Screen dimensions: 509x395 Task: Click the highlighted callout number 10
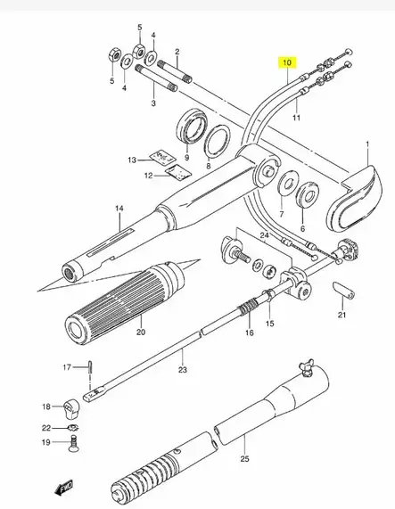(286, 63)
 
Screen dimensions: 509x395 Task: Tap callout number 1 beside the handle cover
(366, 144)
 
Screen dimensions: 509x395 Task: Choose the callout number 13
(131, 160)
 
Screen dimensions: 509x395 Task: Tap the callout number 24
(264, 235)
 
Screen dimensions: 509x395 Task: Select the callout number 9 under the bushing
(187, 157)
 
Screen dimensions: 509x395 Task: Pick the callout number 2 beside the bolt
(177, 52)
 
